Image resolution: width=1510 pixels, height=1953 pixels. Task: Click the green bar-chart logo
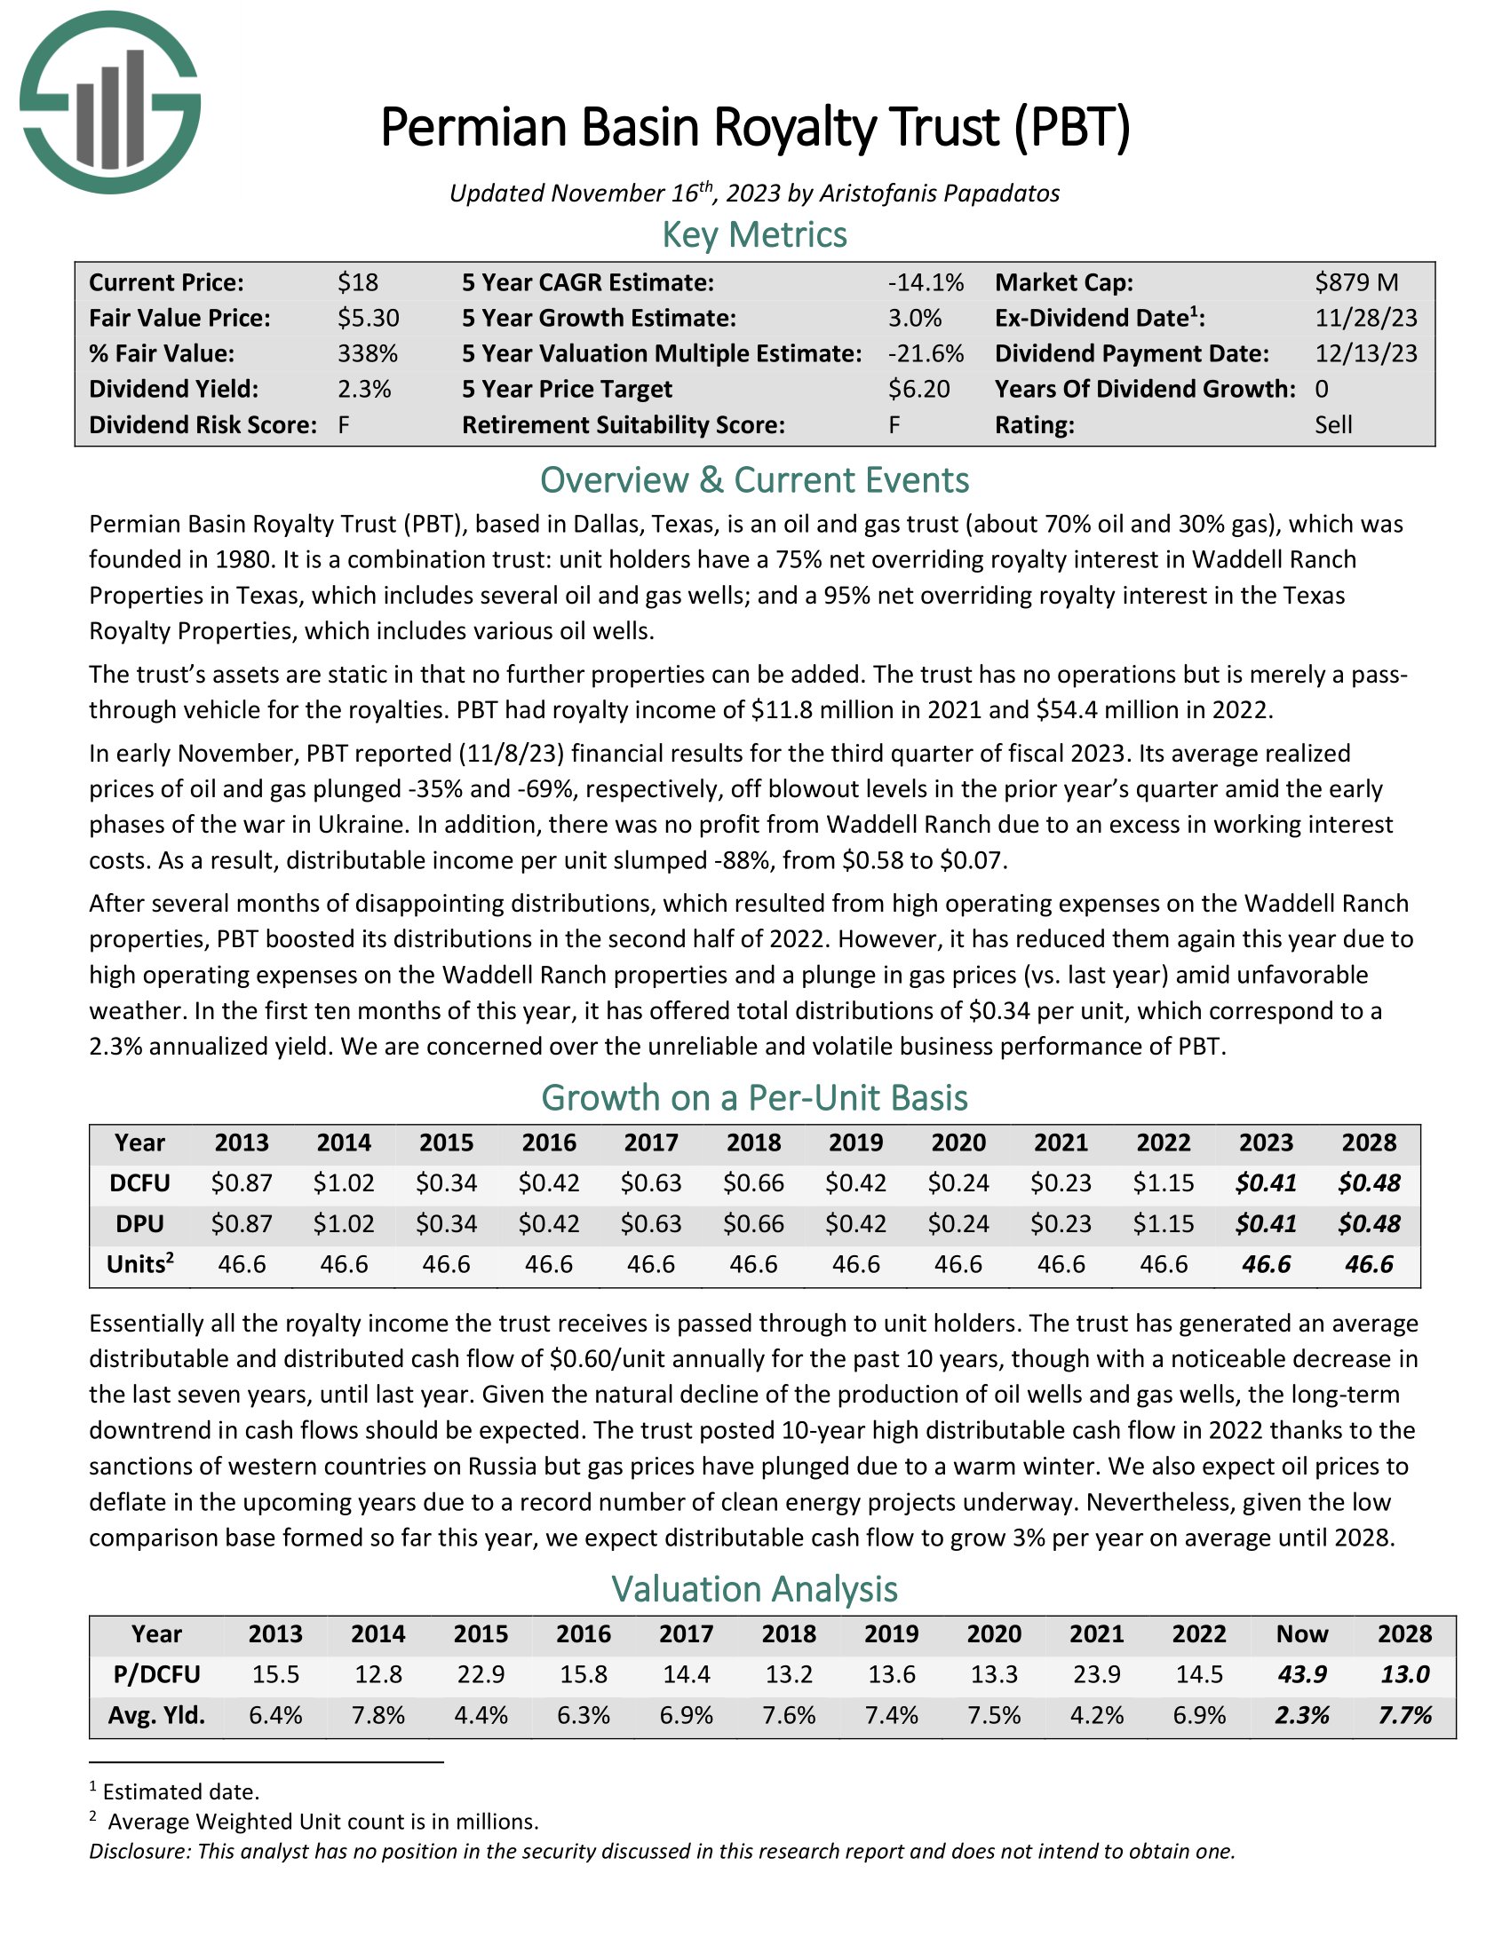(109, 103)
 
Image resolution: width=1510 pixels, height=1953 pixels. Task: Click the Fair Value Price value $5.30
(368, 319)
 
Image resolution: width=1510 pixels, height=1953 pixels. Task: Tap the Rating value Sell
(1333, 424)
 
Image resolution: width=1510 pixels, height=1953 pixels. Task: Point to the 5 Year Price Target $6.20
(918, 389)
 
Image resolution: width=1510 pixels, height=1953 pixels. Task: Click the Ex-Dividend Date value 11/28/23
(1365, 319)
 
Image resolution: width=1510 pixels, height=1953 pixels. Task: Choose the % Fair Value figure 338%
(367, 353)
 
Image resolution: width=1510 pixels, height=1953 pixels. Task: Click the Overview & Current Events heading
(754, 480)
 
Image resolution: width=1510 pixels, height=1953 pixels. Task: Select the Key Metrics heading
(754, 234)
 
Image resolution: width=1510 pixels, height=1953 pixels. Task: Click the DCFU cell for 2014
(345, 1183)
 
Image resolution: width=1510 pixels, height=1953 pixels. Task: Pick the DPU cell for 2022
(1163, 1223)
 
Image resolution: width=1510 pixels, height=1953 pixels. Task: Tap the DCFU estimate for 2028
(1369, 1183)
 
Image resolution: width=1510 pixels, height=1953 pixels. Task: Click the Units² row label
(139, 1264)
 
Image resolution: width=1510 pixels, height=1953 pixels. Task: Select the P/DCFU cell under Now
(1301, 1674)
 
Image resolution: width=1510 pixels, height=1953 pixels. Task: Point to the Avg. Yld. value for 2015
(481, 1715)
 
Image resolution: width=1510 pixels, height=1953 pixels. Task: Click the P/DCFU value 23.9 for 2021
(1097, 1674)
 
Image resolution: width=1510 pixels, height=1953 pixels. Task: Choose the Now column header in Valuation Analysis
(1301, 1633)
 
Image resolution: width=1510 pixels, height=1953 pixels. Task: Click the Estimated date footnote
(179, 1792)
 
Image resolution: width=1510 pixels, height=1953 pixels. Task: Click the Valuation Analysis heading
(754, 1589)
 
